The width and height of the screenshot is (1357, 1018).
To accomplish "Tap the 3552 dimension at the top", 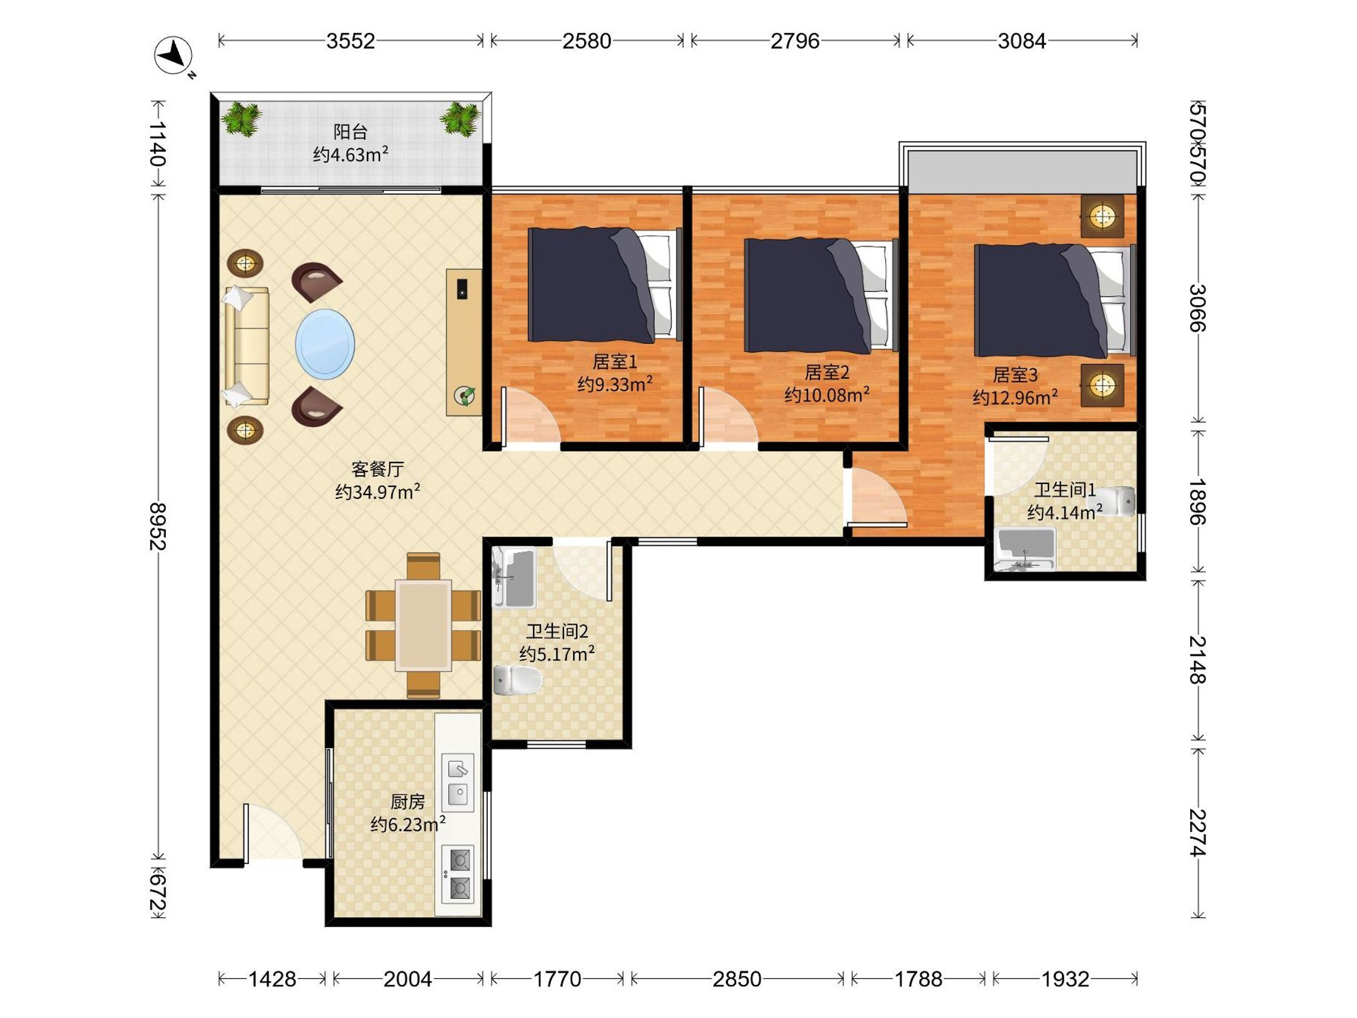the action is [351, 41].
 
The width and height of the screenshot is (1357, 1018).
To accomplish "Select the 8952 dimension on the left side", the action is [158, 527].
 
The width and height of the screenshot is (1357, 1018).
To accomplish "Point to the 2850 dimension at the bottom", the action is [736, 979].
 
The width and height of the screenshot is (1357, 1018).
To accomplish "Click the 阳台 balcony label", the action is [351, 131].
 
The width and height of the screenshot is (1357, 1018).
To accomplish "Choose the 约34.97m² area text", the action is [377, 491].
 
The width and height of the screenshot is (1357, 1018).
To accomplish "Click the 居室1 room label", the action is [615, 362].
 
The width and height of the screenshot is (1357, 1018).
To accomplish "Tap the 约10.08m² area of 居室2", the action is [826, 395].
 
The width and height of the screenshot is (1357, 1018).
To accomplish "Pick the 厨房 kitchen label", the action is [407, 801].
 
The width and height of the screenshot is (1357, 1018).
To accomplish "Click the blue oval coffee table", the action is [325, 344].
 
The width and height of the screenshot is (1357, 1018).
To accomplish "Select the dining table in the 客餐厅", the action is [423, 626].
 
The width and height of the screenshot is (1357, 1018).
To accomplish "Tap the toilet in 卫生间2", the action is [518, 680].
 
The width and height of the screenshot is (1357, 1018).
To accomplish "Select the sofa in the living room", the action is [247, 346].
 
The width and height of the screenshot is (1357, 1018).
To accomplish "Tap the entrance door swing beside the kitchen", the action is [273, 832].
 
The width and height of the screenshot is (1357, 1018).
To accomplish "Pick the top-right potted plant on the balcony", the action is [460, 118].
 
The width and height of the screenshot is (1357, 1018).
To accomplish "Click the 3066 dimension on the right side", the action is [1197, 308].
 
